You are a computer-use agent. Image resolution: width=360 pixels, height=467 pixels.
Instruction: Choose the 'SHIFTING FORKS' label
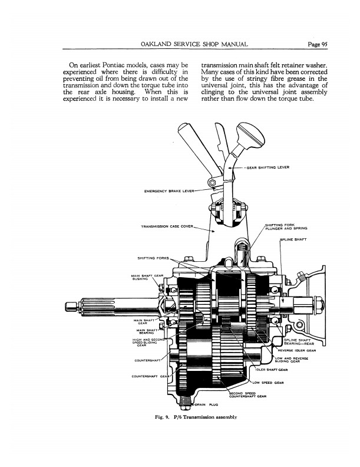pyautogui.click(x=153, y=258)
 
